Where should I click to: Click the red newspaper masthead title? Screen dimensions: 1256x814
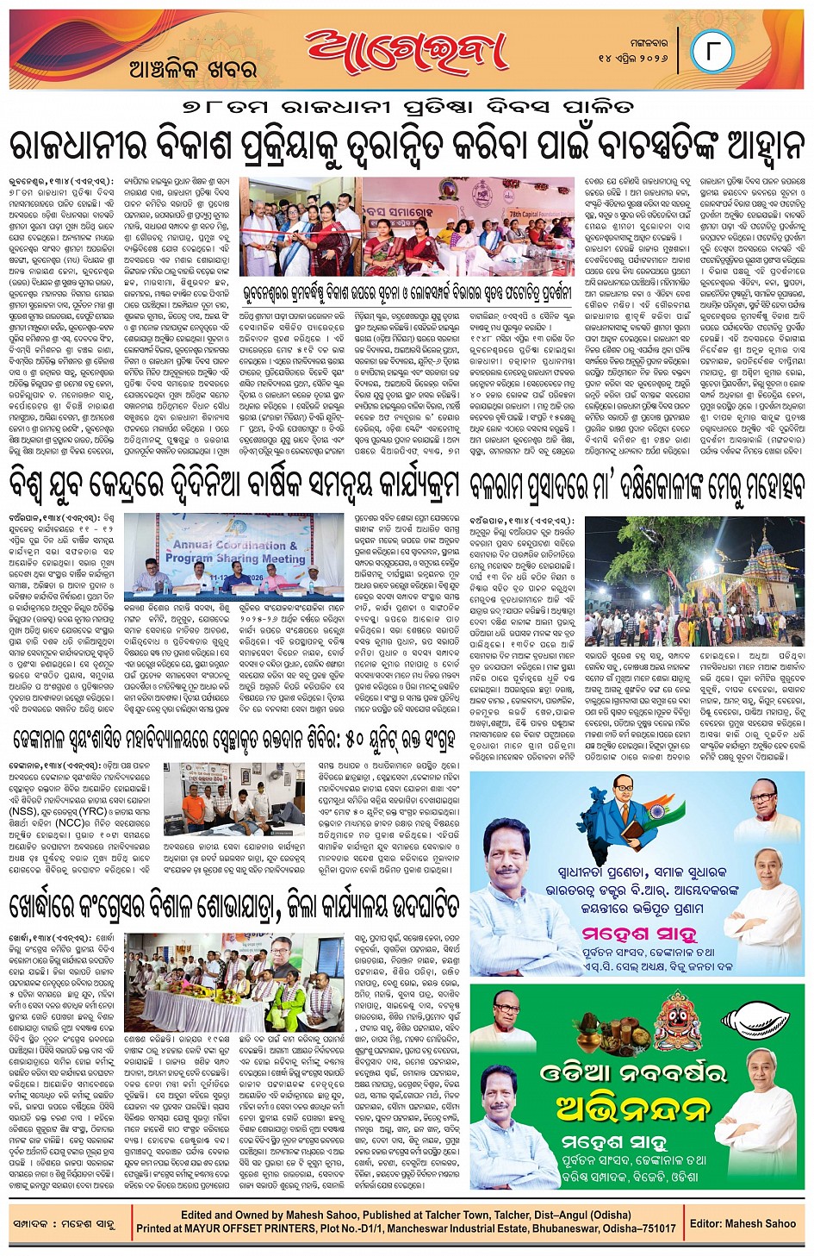click(405, 52)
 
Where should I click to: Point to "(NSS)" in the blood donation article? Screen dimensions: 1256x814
click(23, 811)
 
